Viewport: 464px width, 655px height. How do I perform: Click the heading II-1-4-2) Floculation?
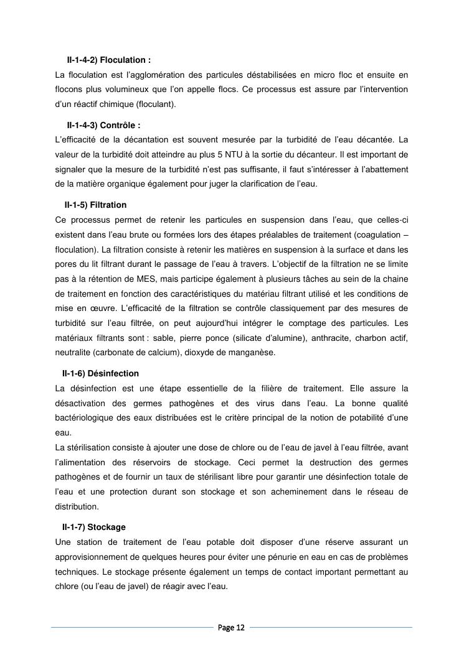pos(108,61)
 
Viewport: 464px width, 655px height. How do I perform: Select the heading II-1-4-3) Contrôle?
pos(103,125)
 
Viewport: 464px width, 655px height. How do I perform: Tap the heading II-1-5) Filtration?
pos(95,205)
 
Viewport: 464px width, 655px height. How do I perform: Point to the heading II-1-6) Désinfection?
pos(100,374)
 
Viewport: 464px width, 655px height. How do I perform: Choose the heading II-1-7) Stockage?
pos(94,527)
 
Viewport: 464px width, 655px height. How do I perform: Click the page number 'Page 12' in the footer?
pos(231,628)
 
